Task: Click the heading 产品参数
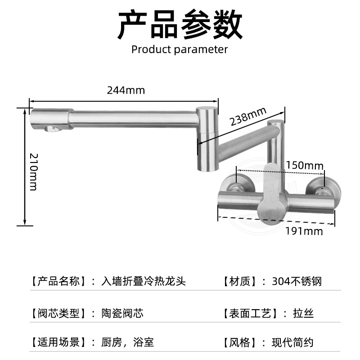(180, 25)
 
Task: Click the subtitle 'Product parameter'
(180, 49)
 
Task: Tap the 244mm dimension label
(126, 90)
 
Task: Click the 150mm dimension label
(305, 165)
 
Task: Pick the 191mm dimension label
(304, 231)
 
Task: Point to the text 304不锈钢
(297, 282)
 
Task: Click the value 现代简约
(292, 342)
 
